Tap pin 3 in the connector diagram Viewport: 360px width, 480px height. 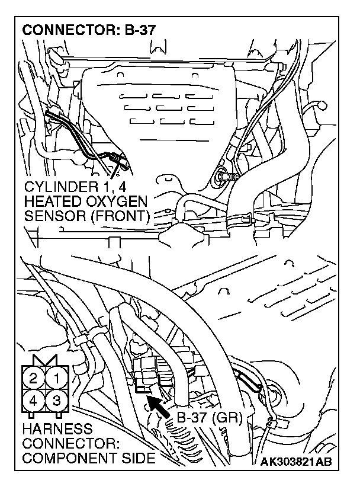point(57,401)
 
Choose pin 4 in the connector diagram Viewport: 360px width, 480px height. point(34,401)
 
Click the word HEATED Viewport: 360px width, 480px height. point(52,201)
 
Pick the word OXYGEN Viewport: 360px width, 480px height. point(117,201)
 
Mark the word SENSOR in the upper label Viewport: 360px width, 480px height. point(52,215)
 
